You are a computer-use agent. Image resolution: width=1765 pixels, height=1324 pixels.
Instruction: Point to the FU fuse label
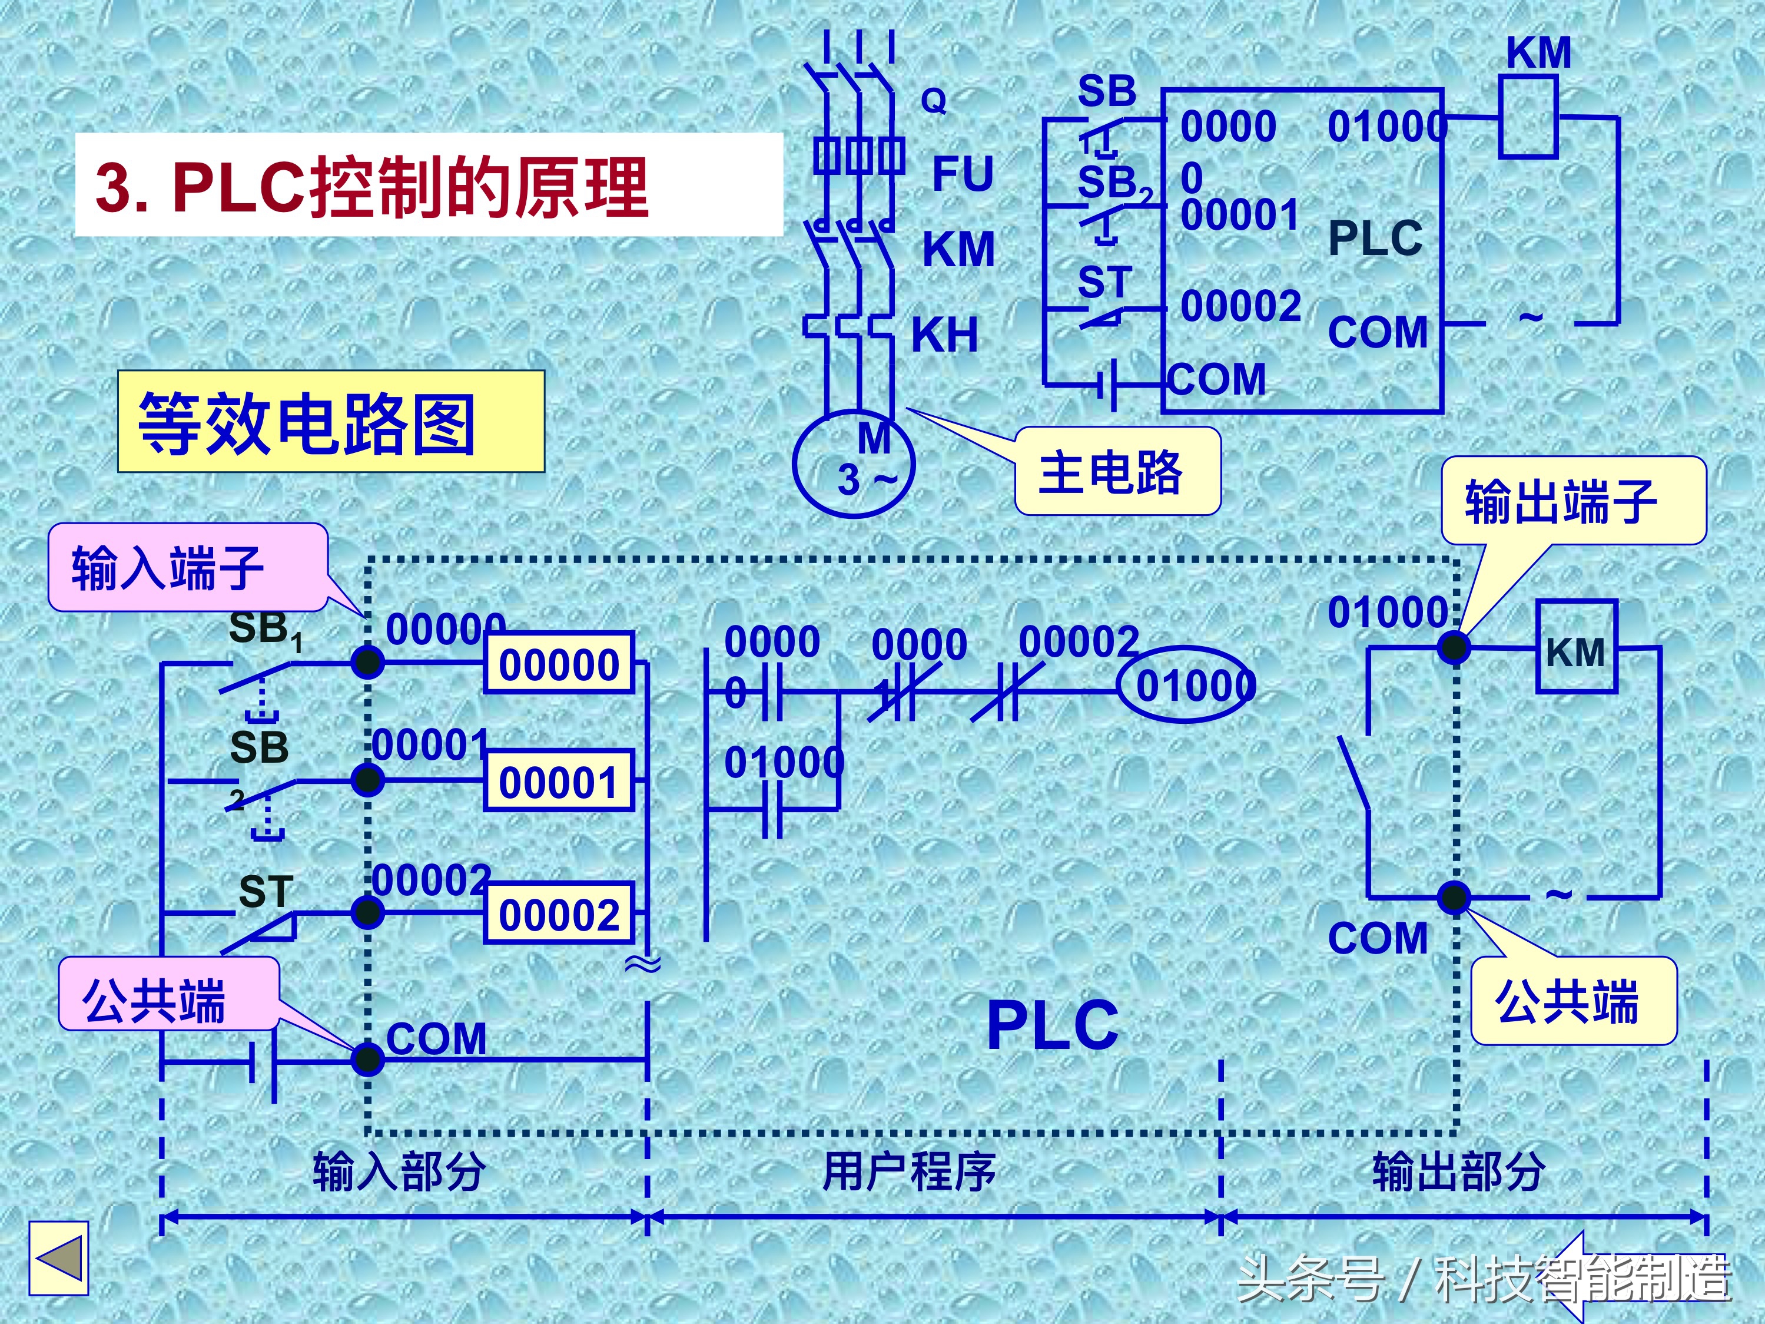tap(963, 174)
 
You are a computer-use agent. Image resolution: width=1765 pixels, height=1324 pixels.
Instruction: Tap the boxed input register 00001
tap(559, 782)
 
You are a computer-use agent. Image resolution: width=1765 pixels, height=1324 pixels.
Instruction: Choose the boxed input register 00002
tap(559, 914)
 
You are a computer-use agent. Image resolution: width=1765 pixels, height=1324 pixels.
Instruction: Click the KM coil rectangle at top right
tap(1528, 117)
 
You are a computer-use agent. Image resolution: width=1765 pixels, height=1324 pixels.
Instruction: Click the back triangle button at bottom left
tap(58, 1259)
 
